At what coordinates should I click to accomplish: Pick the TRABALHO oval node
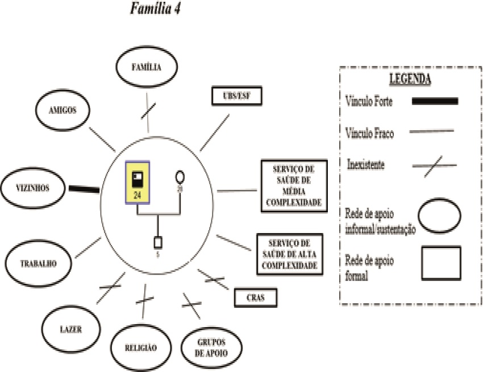point(39,263)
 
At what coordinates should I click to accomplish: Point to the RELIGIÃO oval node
point(140,346)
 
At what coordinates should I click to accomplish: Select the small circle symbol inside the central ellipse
point(180,176)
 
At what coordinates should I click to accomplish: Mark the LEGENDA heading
point(410,79)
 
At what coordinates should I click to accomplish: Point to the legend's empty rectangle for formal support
point(441,263)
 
